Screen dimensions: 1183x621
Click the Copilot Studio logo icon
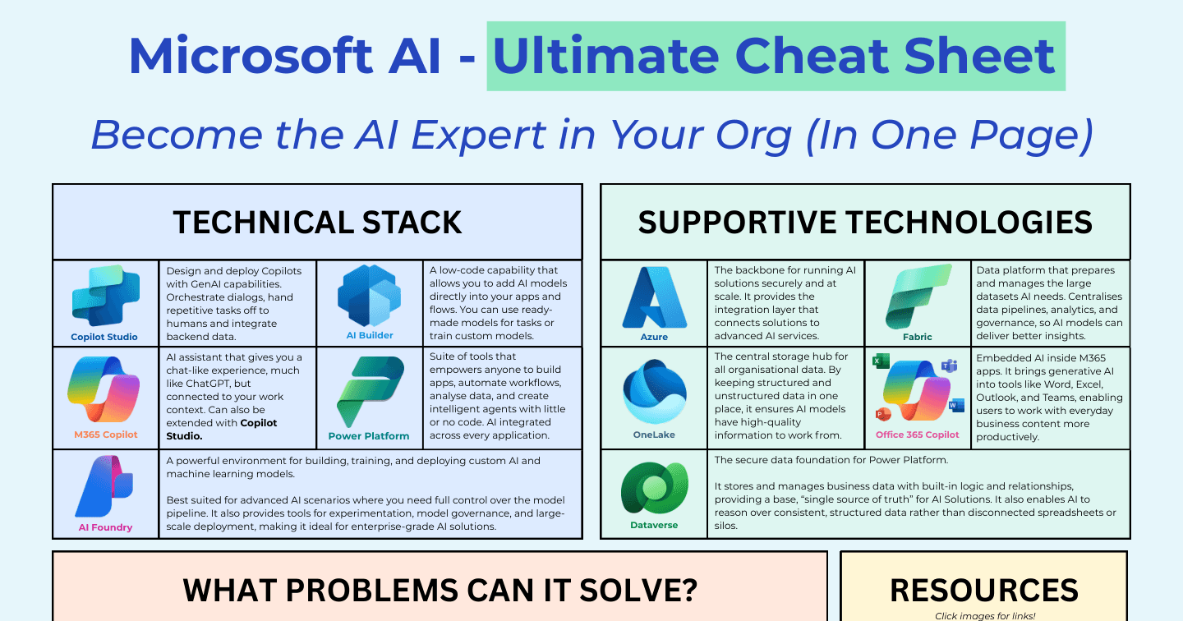pos(106,296)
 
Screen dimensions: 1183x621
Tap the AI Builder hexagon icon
pos(369,296)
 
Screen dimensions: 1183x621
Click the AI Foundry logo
pos(104,486)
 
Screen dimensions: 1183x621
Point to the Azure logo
pos(654,297)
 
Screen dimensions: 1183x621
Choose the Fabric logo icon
pos(918,297)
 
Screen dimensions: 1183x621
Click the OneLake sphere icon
pos(654,392)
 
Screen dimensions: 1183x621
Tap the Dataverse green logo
pos(654,488)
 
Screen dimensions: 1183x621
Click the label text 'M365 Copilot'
pos(106,435)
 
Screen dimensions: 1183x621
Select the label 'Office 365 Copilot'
pos(918,435)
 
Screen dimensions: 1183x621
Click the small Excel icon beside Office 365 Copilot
pos(881,361)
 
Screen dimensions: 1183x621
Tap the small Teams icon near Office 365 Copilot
pos(950,366)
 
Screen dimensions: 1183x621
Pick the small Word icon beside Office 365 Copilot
pos(956,406)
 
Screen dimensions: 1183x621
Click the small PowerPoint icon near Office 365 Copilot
pos(882,414)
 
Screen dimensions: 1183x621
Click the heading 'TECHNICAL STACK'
pos(317,223)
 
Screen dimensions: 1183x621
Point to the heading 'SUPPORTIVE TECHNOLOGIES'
pos(865,223)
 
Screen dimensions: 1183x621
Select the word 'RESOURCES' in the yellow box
pos(984,591)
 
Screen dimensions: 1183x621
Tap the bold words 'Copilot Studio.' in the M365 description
pos(222,430)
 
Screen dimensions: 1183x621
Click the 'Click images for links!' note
pos(985,616)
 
